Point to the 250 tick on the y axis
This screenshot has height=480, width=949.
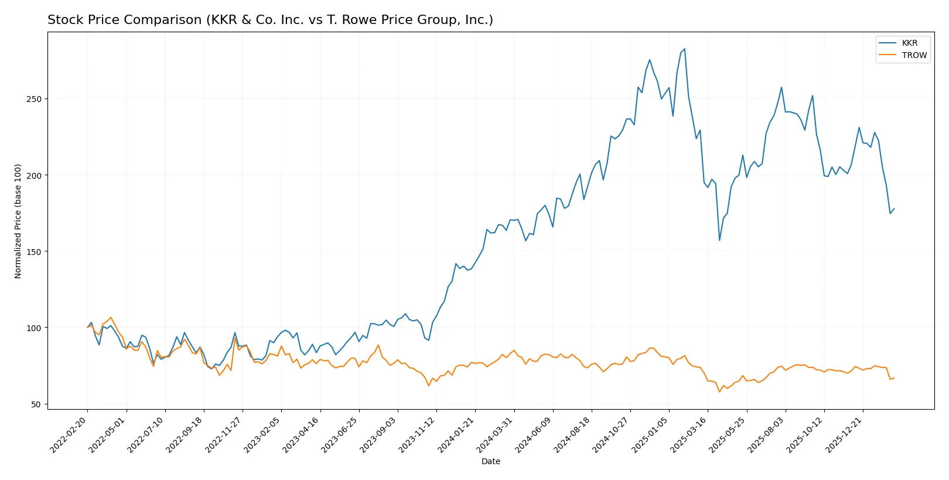pyautogui.click(x=34, y=99)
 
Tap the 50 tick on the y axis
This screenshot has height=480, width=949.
pyautogui.click(x=36, y=404)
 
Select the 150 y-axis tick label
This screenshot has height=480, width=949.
pyautogui.click(x=34, y=251)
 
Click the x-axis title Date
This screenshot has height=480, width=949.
pyautogui.click(x=490, y=461)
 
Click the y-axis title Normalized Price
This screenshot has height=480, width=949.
pyautogui.click(x=18, y=221)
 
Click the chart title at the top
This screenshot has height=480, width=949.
pyautogui.click(x=270, y=20)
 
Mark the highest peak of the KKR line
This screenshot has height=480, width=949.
pyautogui.click(x=684, y=49)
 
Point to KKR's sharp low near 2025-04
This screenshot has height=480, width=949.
pyautogui.click(x=719, y=240)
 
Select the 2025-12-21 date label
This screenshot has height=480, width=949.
pyautogui.click(x=844, y=434)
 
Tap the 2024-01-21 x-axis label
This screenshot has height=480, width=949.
pyautogui.click(x=456, y=434)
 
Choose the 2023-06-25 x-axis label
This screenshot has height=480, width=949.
pyautogui.click(x=340, y=434)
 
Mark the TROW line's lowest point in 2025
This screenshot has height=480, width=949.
pyautogui.click(x=719, y=392)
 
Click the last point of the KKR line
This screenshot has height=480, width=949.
pyautogui.click(x=894, y=209)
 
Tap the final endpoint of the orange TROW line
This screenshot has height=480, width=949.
pyautogui.click(x=894, y=378)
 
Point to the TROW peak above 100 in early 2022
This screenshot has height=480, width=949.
pyautogui.click(x=111, y=318)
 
